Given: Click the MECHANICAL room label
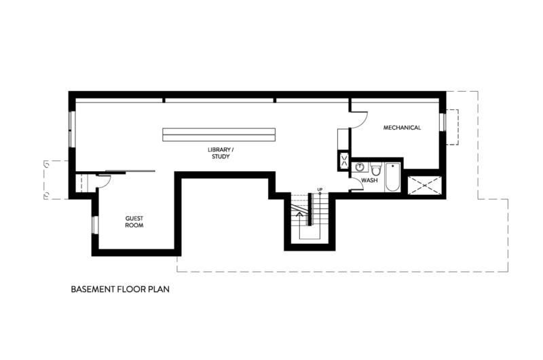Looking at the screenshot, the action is click(x=402, y=128).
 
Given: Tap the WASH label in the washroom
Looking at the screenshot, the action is click(x=369, y=180).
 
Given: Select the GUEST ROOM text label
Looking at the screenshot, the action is click(x=134, y=221).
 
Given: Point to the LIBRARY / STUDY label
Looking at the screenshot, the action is click(x=221, y=153).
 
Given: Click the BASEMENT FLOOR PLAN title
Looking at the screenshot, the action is click(x=120, y=289).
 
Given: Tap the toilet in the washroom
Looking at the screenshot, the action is click(x=376, y=168).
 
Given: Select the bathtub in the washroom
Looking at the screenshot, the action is click(x=392, y=177).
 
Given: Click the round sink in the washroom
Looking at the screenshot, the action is click(x=360, y=167).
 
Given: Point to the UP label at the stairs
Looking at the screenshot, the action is click(x=320, y=190).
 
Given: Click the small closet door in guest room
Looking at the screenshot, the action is click(x=103, y=181).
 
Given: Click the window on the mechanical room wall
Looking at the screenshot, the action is click(x=443, y=122).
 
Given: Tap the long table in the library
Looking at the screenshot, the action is click(x=219, y=134).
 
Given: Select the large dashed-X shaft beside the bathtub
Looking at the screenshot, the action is click(x=425, y=185).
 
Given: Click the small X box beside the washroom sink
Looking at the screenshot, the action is click(x=344, y=160).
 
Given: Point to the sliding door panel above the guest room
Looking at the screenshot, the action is click(x=130, y=170).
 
